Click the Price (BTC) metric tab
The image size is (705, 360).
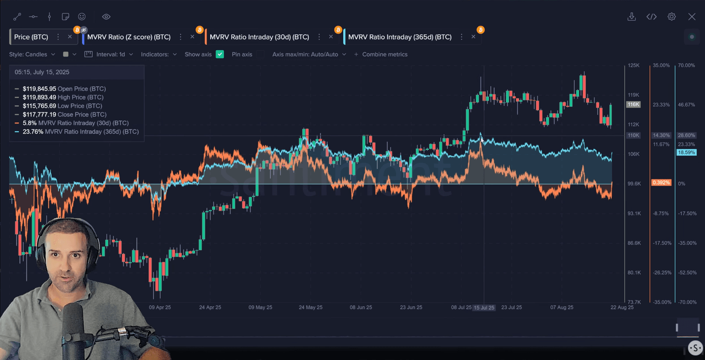[x=31, y=37]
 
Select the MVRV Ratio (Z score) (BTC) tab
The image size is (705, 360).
[x=129, y=37]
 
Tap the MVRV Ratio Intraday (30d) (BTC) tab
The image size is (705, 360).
[x=259, y=37]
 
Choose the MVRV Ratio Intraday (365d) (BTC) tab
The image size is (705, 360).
[x=399, y=37]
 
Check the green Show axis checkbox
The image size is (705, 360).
[x=220, y=54]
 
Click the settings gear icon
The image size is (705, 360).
[x=671, y=17]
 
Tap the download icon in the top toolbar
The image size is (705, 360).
[x=632, y=17]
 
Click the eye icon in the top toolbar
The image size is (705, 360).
[x=106, y=17]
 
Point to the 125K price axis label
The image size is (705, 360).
[x=633, y=66]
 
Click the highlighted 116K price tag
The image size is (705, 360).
[x=633, y=104]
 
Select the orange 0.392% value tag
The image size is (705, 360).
[x=661, y=183]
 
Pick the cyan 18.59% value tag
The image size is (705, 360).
[x=686, y=152]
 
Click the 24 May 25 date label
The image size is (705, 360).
[x=310, y=308]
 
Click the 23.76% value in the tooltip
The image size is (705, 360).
[x=33, y=132]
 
